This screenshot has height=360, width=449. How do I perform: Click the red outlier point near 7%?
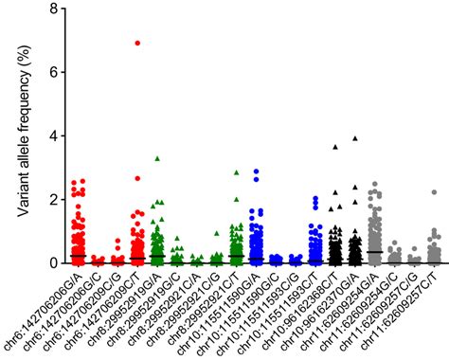[137, 43]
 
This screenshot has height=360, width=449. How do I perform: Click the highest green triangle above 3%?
[157, 158]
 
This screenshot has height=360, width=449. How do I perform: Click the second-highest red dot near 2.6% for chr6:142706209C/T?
[137, 178]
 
